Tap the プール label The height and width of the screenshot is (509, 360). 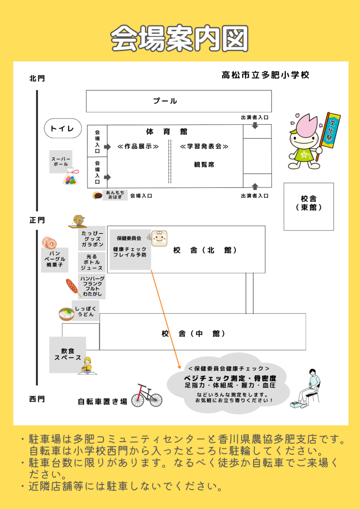pos(165,101)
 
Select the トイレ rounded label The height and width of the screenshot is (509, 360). pos(63,129)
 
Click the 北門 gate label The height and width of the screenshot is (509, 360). pos(37,78)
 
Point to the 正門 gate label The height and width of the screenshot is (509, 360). pos(37,220)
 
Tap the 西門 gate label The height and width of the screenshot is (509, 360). pos(37,399)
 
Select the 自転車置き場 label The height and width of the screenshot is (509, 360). pos(102,401)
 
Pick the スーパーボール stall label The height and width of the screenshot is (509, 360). pos(61,162)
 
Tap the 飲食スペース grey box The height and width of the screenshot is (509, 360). pos(67,354)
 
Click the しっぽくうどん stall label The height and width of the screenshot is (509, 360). pos(85,311)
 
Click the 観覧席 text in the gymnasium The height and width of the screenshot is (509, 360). pos(204,165)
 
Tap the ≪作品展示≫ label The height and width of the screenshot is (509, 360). pos(138,147)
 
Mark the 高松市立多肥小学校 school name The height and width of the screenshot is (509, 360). pos(266,75)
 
